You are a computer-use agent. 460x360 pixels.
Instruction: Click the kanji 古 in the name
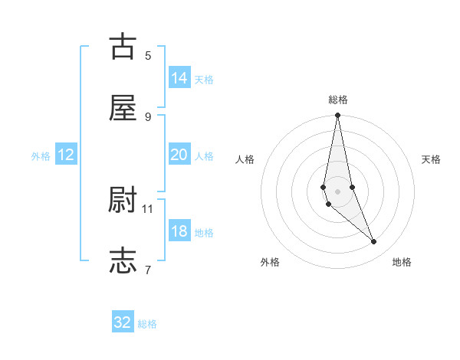(123, 47)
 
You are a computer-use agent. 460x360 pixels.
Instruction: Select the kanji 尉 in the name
(123, 200)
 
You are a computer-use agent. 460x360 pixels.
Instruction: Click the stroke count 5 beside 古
(148, 55)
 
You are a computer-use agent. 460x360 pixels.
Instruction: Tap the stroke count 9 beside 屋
(148, 116)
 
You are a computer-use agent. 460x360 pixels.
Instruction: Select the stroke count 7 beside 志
(148, 269)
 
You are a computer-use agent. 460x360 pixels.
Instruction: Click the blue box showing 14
(179, 78)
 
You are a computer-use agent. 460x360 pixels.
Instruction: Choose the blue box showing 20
(179, 155)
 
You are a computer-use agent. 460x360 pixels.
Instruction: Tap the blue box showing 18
(179, 231)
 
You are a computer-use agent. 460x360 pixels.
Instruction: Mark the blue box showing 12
(66, 155)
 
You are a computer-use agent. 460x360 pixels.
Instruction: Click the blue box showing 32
(123, 322)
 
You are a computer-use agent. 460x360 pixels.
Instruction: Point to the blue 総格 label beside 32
(147, 324)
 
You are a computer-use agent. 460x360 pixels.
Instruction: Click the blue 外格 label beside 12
(41, 156)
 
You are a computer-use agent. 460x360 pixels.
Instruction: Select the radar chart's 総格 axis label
(338, 100)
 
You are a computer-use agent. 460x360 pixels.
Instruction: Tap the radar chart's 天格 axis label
(431, 159)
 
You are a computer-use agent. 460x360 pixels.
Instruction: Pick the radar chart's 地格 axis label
(402, 262)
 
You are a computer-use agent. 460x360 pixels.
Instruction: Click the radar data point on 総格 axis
(337, 116)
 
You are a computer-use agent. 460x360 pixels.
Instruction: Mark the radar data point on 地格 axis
(374, 242)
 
